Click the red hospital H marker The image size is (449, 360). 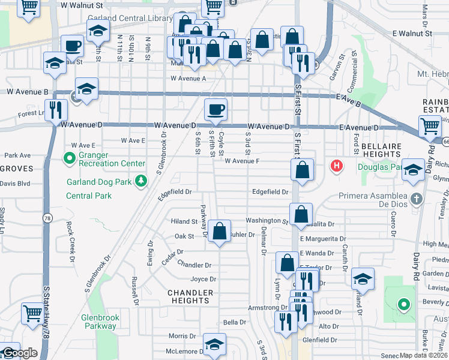click(x=337, y=165)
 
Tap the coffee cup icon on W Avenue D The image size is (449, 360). click(x=215, y=110)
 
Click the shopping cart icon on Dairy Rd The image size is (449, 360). click(x=430, y=127)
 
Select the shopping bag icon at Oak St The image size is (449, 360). click(x=220, y=231)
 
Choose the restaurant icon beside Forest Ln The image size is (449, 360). click(x=55, y=110)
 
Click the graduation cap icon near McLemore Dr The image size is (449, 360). click(x=214, y=345)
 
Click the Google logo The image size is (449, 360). click(x=19, y=353)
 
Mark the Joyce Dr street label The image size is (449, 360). click(x=203, y=279)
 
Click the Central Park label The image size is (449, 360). click(x=89, y=196)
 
